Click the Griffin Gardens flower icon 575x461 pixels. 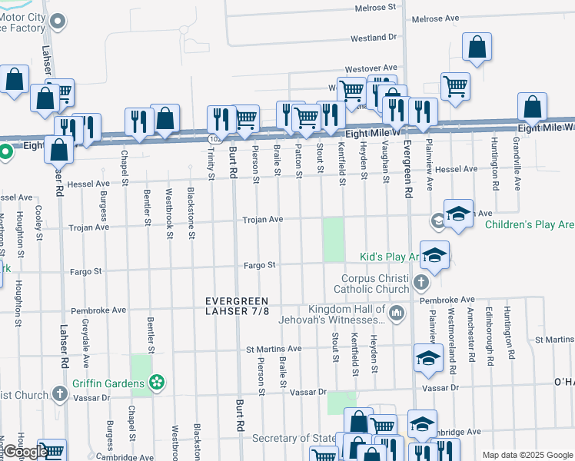(x=158, y=382)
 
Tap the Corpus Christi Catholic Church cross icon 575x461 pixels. (x=420, y=284)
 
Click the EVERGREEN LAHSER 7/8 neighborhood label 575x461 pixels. (x=238, y=305)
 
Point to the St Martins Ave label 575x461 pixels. (x=274, y=349)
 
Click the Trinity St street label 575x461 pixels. (x=209, y=165)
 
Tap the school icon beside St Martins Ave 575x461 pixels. (x=428, y=358)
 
